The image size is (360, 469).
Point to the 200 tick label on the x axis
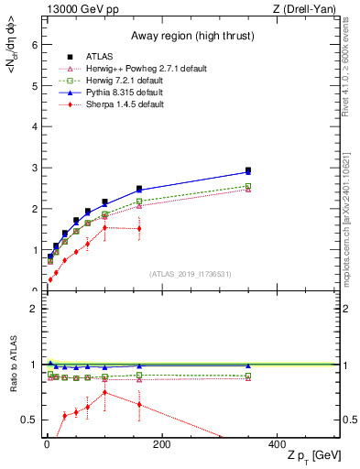161,444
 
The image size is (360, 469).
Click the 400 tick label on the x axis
276,444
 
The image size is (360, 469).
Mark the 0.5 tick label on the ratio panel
29,420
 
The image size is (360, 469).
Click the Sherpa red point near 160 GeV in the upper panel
139,229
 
